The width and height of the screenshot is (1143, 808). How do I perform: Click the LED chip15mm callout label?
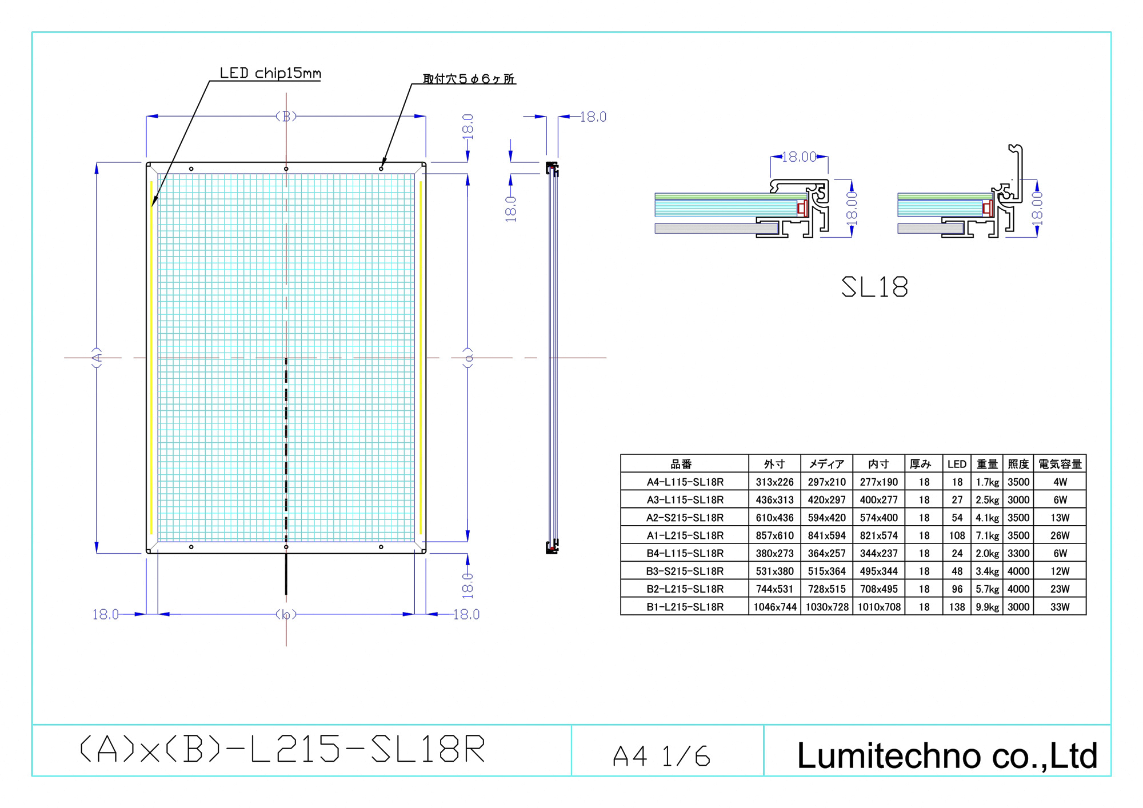(x=270, y=73)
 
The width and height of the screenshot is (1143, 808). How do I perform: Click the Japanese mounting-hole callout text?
(x=469, y=79)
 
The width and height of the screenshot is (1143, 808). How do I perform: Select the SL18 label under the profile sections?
(x=874, y=287)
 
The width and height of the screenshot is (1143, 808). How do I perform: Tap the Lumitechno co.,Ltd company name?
(x=947, y=755)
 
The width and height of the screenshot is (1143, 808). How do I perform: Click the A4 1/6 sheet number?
(x=661, y=756)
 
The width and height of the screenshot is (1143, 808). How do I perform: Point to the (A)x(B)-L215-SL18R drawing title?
(x=283, y=749)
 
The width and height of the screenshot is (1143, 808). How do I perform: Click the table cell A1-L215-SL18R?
(x=685, y=535)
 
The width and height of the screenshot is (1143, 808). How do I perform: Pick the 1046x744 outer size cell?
(x=774, y=607)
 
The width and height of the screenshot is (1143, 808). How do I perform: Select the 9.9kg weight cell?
(x=987, y=607)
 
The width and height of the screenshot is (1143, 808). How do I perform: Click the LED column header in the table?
(x=957, y=464)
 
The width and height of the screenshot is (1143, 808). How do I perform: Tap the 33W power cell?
(x=1060, y=607)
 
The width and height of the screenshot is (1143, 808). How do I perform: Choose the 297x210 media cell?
(x=826, y=482)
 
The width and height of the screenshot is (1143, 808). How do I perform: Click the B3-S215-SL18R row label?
(x=685, y=571)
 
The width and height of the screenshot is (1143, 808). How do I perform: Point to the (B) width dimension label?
(x=286, y=116)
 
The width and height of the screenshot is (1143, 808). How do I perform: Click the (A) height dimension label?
(x=97, y=358)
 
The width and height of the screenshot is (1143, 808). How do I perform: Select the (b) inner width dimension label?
(x=286, y=614)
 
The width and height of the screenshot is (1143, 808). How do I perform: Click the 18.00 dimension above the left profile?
(x=799, y=157)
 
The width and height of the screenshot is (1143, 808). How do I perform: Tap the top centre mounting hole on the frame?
(x=286, y=169)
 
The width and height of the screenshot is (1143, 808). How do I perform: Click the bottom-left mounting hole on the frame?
(x=191, y=547)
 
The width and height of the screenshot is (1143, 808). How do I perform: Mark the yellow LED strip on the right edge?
(x=421, y=358)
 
